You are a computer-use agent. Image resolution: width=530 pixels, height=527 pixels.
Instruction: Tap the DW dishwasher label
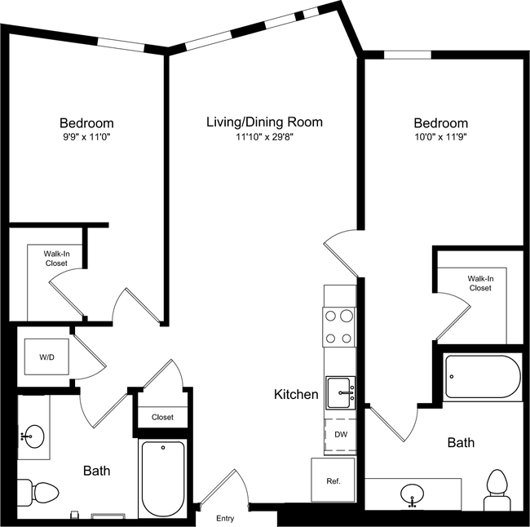(340, 434)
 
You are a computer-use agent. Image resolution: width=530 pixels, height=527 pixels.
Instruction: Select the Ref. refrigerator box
(333, 480)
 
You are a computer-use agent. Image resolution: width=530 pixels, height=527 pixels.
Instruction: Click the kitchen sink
(341, 393)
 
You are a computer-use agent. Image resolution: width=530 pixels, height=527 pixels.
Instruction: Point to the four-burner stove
(340, 326)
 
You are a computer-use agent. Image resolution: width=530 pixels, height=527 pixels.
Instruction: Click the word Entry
(225, 518)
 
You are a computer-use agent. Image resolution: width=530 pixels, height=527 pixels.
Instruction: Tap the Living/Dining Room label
(263, 122)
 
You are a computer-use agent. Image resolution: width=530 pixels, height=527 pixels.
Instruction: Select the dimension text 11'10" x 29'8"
(263, 138)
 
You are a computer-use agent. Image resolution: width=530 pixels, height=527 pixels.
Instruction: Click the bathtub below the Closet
(162, 478)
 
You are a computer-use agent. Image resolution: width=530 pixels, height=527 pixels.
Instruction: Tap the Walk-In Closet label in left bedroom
(56, 259)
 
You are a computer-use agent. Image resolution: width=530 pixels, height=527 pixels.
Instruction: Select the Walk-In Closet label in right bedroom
(479, 283)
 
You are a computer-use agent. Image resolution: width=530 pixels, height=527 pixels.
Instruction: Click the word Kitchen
(295, 395)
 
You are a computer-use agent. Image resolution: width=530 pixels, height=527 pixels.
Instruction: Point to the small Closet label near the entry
(162, 417)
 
